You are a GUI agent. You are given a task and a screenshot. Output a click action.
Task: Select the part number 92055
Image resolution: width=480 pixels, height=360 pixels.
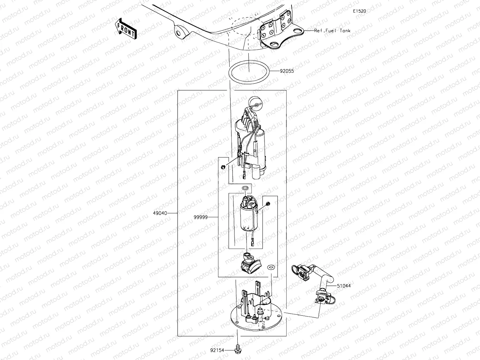point(287,71)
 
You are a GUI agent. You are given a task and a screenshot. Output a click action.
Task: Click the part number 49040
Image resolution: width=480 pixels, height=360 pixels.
point(160,213)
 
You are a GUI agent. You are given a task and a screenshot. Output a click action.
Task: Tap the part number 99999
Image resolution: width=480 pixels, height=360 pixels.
point(200,217)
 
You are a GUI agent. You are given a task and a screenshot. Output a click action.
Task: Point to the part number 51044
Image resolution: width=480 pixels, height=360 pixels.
point(344,286)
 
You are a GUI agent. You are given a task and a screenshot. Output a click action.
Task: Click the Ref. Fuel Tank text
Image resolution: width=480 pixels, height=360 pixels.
point(332,31)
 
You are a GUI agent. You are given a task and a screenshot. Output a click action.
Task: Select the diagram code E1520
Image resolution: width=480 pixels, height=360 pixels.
point(360,11)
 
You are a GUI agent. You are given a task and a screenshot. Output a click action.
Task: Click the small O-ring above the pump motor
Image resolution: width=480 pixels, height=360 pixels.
point(245,190)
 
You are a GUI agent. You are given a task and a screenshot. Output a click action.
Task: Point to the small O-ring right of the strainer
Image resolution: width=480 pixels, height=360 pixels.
point(271,268)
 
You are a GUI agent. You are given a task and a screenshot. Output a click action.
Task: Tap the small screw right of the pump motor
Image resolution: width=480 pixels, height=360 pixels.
point(268,204)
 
